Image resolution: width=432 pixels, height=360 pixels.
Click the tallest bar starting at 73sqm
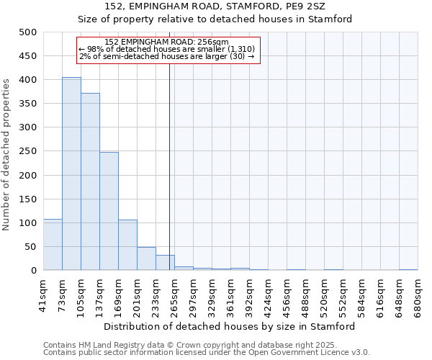coord(71,174)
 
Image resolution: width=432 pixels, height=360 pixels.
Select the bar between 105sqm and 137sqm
coord(90,181)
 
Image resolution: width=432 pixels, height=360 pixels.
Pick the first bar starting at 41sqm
coord(53,245)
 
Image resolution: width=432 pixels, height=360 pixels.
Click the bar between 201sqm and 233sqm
coord(146,258)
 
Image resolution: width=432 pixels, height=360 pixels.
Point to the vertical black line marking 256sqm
coord(169,158)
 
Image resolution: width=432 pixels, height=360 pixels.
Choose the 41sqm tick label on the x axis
coord(44,294)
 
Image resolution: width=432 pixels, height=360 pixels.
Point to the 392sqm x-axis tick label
coord(250,294)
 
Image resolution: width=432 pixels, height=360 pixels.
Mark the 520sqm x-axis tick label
coord(325,294)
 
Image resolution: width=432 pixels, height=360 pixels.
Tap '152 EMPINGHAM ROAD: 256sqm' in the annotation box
coord(166,42)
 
